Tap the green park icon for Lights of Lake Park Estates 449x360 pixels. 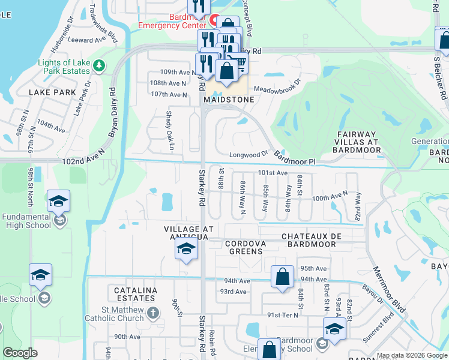pyautogui.click(x=100, y=65)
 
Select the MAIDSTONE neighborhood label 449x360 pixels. pyautogui.click(x=226, y=100)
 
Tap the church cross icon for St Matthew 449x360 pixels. pyautogui.click(x=152, y=313)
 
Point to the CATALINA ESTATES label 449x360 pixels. pyautogui.click(x=135, y=294)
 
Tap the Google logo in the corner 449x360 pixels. pyautogui.click(x=20, y=353)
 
